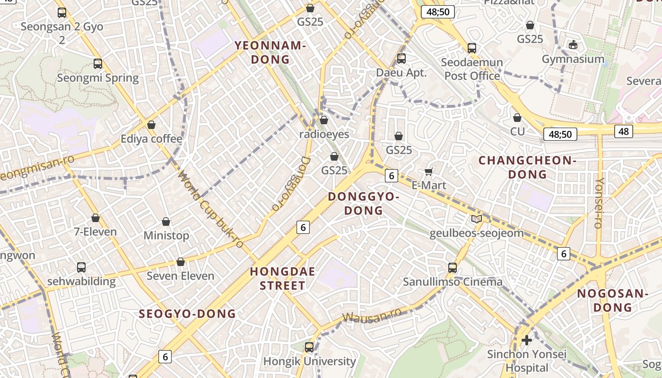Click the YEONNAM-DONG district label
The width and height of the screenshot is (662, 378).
pyautogui.click(x=270, y=52)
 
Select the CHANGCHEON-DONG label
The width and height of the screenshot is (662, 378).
pyautogui.click(x=527, y=167)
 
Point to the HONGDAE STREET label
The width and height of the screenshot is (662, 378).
pyautogui.click(x=283, y=278)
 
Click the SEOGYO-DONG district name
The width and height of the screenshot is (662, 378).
pyautogui.click(x=187, y=314)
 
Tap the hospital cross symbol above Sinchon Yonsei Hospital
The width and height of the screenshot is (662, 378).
pyautogui.click(x=526, y=340)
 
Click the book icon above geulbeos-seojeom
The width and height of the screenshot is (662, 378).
pyautogui.click(x=477, y=219)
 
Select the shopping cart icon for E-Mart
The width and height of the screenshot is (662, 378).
pyautogui.click(x=429, y=171)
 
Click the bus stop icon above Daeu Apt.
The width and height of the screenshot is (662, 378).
pyautogui.click(x=401, y=59)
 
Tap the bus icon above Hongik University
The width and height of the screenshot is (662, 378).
pyautogui.click(x=309, y=347)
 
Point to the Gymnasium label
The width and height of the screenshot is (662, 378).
pyautogui.click(x=573, y=59)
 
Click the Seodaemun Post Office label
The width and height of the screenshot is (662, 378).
pyautogui.click(x=472, y=69)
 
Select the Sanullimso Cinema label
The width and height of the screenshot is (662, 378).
pyautogui.click(x=453, y=282)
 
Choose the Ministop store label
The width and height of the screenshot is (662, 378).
pyautogui.click(x=166, y=235)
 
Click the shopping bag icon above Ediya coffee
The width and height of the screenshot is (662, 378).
pyautogui.click(x=151, y=125)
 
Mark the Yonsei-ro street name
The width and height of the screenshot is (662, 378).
pyautogui.click(x=599, y=203)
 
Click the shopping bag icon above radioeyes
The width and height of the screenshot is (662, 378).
pyautogui.click(x=324, y=120)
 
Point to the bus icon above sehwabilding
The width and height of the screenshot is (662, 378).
pyautogui.click(x=81, y=267)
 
